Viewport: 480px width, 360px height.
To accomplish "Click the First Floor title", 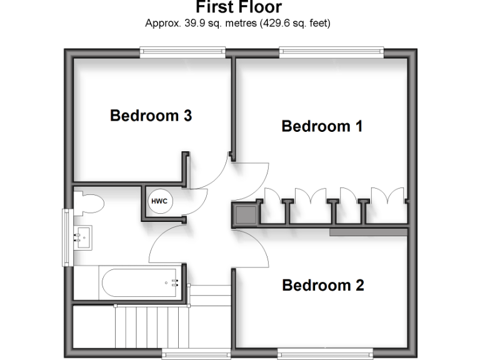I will tap(239, 7).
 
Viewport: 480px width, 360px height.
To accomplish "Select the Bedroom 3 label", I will tap(151, 116).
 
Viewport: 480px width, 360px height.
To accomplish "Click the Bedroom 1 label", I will tap(322, 126).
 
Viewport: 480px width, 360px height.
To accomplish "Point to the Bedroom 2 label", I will tap(322, 286).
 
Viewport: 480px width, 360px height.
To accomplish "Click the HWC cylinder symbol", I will tap(158, 201).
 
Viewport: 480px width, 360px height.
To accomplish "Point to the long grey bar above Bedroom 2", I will tap(369, 232).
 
